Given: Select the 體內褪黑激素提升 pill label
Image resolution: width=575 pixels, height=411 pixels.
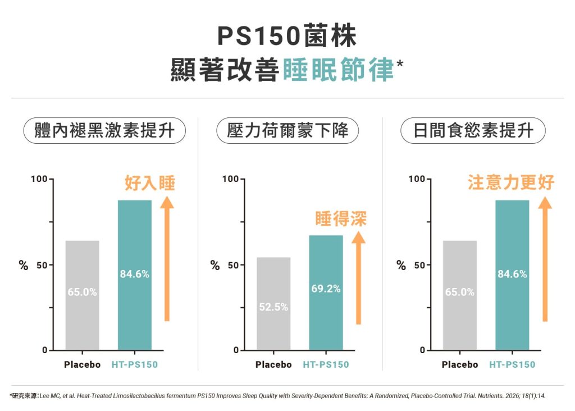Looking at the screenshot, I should pos(104,131).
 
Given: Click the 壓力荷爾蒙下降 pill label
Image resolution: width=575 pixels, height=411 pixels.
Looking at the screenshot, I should pos(287,131).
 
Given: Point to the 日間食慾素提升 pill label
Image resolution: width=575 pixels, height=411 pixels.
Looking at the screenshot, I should pos(473,131).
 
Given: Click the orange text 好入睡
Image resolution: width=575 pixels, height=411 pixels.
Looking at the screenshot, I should pos(149,184).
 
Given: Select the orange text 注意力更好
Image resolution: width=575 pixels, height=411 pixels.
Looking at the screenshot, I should pos(511,182).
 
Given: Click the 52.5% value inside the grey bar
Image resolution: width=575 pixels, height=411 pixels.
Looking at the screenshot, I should pos(273,307).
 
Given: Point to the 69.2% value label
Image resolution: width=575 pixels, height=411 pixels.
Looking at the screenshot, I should pos(326,289).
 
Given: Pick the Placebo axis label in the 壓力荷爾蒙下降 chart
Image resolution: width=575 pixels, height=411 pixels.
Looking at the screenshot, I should pos(273,364).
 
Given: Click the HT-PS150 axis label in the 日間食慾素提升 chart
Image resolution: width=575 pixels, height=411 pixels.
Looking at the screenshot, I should pos(512,364).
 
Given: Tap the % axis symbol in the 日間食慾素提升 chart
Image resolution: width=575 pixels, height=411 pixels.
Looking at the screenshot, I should pos(401,266).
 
